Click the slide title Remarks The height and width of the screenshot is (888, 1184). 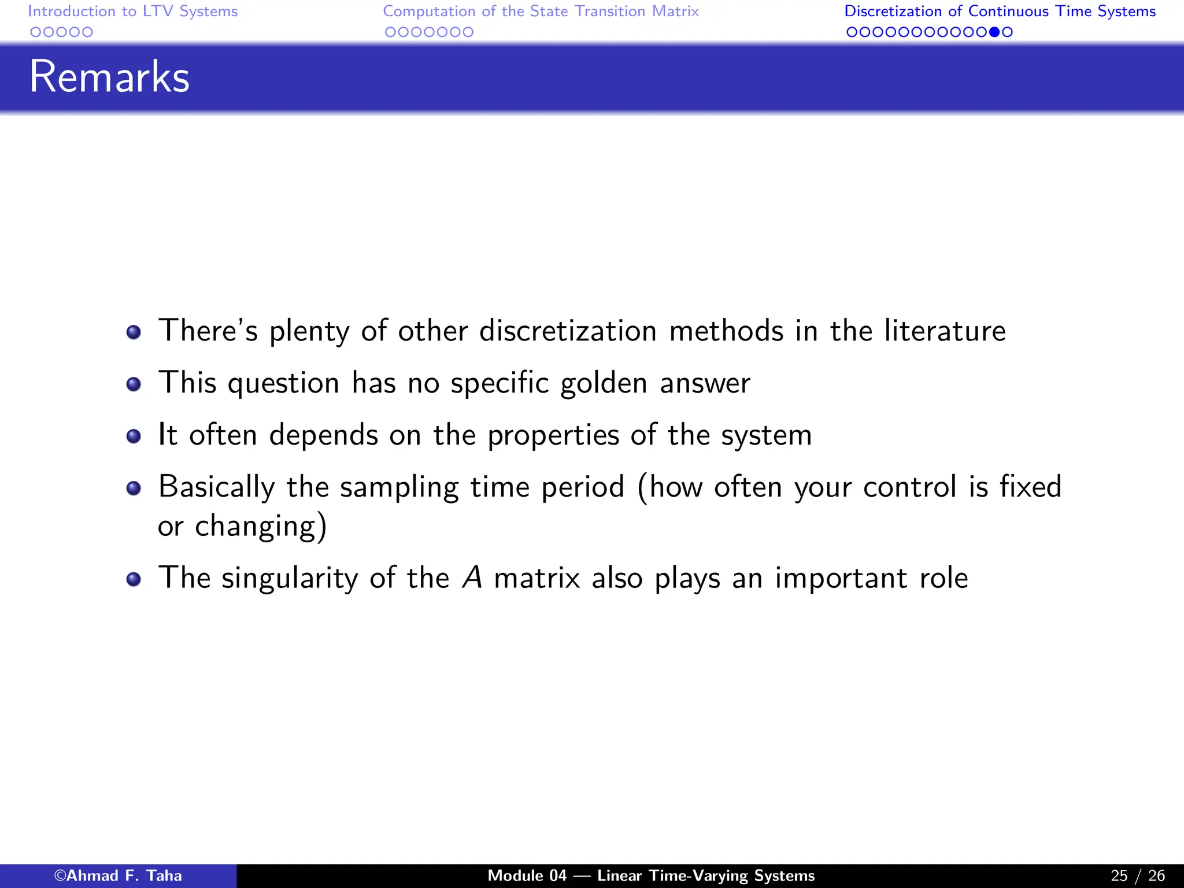pos(109,77)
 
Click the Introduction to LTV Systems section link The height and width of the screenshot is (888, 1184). pos(132,12)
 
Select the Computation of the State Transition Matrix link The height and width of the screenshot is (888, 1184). pos(541,12)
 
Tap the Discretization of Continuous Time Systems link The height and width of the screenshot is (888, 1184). pos(1000,12)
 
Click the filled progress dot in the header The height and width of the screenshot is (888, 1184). pos(994,32)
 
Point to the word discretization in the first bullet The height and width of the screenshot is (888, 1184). pos(568,331)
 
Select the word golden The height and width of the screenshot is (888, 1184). pos(604,384)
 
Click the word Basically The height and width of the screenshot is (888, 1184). pos(216,487)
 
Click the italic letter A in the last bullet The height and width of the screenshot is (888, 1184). pos(472,578)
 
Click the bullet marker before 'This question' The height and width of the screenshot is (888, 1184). pos(134,384)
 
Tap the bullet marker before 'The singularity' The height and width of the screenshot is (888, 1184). pos(134,579)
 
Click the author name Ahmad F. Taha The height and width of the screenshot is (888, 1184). pos(118,876)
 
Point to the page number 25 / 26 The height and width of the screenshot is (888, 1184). pos(1138,876)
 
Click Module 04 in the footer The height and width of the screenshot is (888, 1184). pos(527,876)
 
